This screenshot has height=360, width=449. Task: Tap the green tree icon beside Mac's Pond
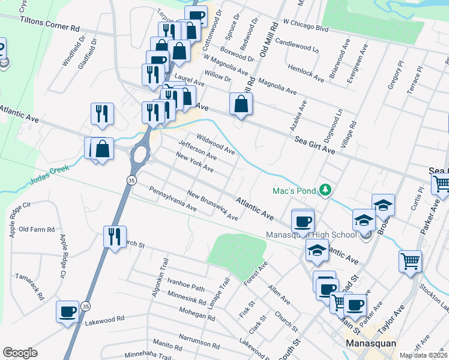tap(325, 190)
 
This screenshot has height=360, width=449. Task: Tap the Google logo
tap(20, 353)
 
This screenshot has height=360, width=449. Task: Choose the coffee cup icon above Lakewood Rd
tap(68, 311)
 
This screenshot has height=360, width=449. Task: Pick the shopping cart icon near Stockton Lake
tap(411, 261)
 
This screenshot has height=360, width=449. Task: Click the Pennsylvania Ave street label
tap(173, 199)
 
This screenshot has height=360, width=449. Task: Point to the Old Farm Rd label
tap(37, 229)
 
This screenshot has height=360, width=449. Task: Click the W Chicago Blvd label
tap(306, 25)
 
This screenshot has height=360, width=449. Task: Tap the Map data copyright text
tap(424, 355)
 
